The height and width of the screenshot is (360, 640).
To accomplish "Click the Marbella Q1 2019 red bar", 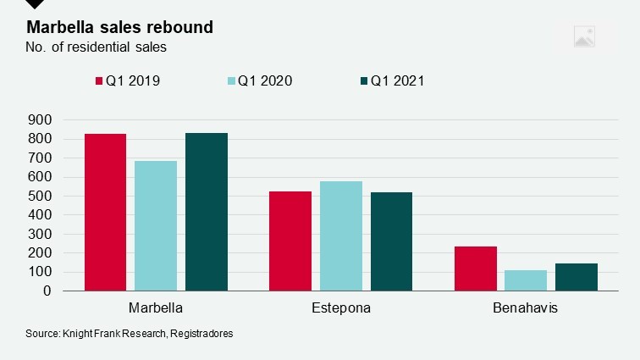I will click(x=105, y=212).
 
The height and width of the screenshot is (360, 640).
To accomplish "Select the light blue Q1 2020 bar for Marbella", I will click(x=156, y=225).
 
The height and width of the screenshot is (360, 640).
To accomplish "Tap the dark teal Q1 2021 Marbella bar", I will click(x=207, y=212).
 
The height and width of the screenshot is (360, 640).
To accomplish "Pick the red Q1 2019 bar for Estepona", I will click(x=290, y=241).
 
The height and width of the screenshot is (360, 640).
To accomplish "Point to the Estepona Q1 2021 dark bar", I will click(x=391, y=241).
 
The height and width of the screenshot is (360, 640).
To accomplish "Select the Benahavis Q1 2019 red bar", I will click(x=476, y=269).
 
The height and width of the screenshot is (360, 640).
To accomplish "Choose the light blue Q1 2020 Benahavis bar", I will click(x=526, y=280).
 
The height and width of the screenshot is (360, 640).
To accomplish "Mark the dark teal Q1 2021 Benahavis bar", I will click(x=577, y=277).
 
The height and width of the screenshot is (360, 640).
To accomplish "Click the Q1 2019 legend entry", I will click(x=126, y=81).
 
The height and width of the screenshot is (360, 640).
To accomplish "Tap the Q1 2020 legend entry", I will click(x=259, y=81).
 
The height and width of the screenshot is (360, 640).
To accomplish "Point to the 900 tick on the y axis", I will click(x=41, y=120).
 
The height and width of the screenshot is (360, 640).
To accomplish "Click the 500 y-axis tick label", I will click(x=41, y=197).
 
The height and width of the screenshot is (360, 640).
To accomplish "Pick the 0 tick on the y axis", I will click(x=47, y=291).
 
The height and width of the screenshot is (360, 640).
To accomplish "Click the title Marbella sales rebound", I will click(x=119, y=27).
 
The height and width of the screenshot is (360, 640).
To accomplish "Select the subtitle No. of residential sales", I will click(x=96, y=47).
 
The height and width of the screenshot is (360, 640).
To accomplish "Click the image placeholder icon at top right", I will click(x=584, y=36).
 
